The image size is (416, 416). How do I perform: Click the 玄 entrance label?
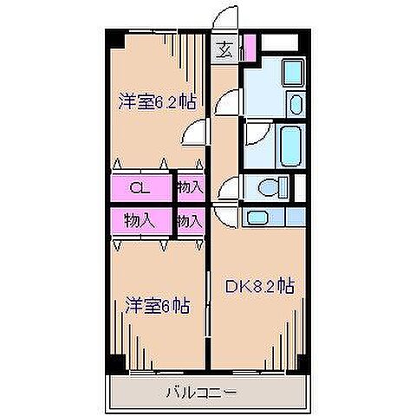pos(224,49)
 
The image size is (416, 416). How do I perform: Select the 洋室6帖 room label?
pos(157,305)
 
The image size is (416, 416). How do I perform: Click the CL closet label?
pos(138,186)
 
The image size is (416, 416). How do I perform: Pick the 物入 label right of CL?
pos(189,186)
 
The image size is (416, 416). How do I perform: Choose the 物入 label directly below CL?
pos(139,220)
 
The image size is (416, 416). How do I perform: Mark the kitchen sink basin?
pos(257,217)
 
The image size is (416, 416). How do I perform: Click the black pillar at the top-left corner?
pos(114,38)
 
